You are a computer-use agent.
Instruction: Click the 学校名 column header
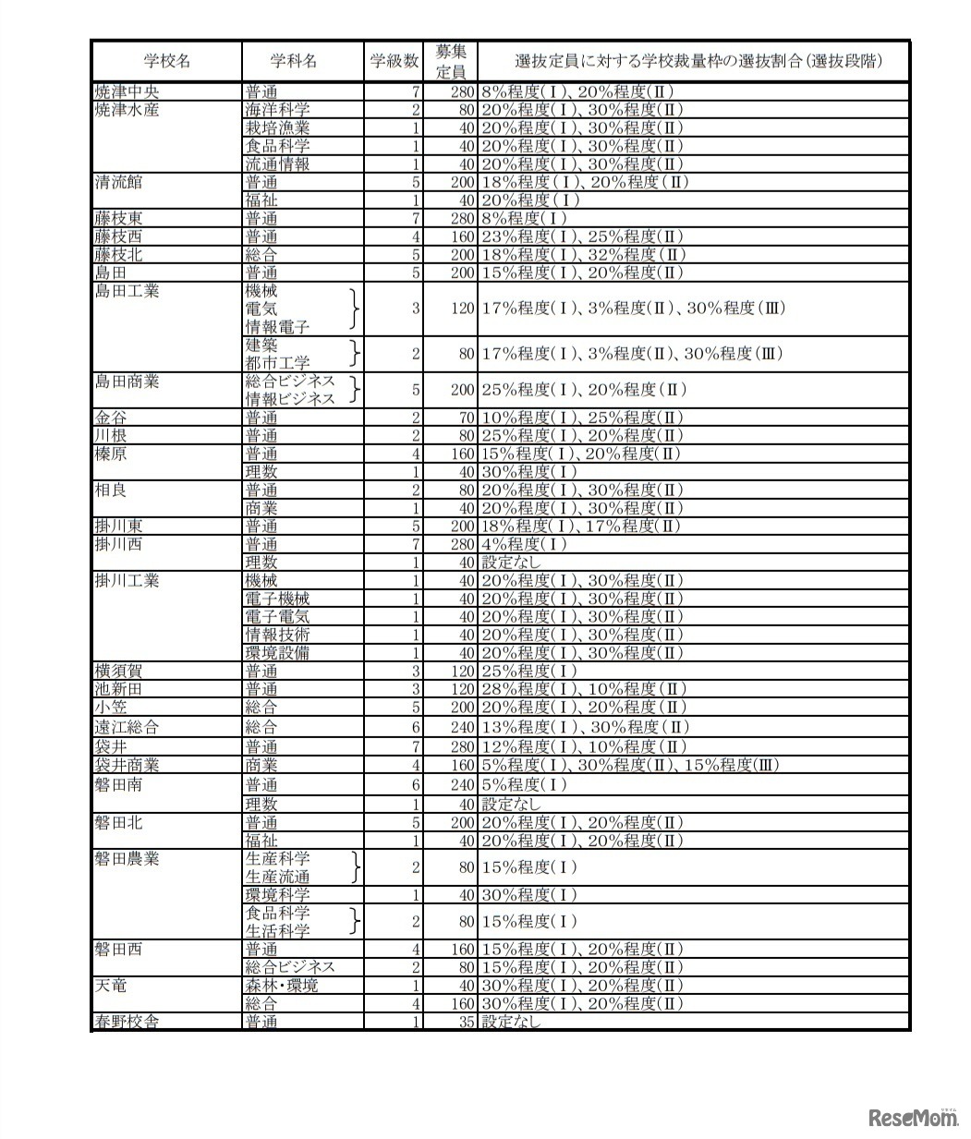coord(166,61)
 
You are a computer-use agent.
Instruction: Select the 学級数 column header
coord(394,61)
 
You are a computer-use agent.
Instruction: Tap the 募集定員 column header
coord(450,61)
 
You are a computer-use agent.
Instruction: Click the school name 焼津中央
coord(127,91)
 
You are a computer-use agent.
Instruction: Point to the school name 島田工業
coord(127,291)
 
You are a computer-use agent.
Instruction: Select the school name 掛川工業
coord(127,580)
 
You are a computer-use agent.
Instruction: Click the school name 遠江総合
coord(127,727)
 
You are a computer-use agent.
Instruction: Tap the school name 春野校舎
coord(127,1022)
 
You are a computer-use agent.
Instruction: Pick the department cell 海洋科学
coord(277,110)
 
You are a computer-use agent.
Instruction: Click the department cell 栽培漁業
coord(277,127)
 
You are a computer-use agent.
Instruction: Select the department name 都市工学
coord(277,363)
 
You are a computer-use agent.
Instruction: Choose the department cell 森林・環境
coord(281,986)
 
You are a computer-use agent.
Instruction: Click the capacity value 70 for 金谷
coord(466,418)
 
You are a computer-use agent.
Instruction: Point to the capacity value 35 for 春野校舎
coord(466,1022)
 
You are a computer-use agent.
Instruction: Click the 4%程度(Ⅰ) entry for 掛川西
coord(524,544)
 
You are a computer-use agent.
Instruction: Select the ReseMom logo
coord(913,1119)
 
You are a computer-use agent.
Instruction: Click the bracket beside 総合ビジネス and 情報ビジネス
coord(355,390)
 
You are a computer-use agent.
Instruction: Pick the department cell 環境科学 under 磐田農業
coord(277,895)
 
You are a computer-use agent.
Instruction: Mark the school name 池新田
coord(118,689)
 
